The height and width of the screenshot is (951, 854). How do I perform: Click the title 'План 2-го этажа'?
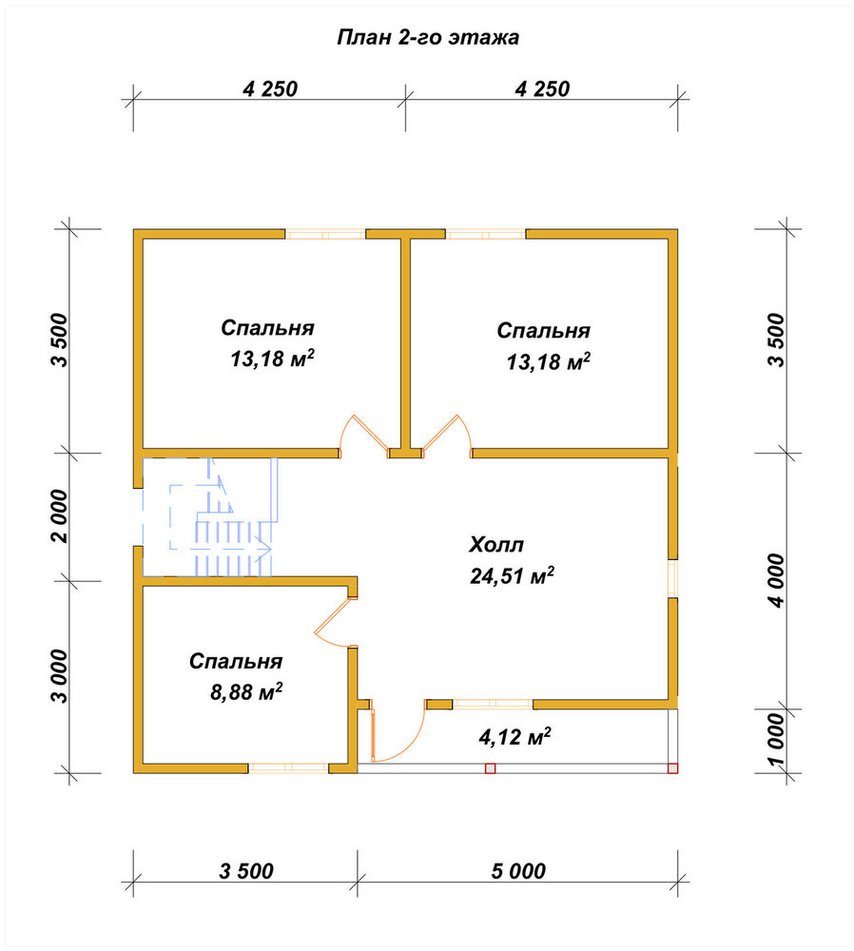(x=428, y=38)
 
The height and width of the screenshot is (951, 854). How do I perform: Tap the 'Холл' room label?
(x=496, y=545)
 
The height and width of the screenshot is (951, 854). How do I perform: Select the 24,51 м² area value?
(x=512, y=575)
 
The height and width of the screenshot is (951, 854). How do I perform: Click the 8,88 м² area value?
(x=246, y=690)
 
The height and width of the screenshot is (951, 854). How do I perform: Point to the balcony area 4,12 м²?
(x=514, y=737)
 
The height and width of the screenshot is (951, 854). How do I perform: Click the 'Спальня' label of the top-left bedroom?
(x=267, y=327)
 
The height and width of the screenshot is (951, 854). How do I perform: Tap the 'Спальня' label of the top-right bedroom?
(x=543, y=331)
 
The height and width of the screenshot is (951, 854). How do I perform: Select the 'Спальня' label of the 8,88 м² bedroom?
(x=236, y=661)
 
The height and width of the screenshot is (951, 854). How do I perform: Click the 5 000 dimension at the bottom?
(x=518, y=871)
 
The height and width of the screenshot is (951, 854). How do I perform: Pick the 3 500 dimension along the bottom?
(x=246, y=871)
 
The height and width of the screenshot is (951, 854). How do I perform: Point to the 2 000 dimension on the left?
(x=61, y=516)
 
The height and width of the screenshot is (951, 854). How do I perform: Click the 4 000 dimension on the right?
(x=777, y=580)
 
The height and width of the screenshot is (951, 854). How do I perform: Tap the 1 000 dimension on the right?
(x=777, y=740)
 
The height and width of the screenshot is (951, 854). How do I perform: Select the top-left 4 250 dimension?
(x=270, y=89)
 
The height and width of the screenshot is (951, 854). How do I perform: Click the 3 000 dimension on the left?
(x=61, y=676)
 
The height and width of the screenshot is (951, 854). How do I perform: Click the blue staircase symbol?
(x=210, y=516)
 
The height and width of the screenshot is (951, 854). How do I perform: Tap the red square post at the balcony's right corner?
(x=672, y=768)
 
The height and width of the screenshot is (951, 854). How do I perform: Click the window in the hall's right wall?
(x=672, y=578)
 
